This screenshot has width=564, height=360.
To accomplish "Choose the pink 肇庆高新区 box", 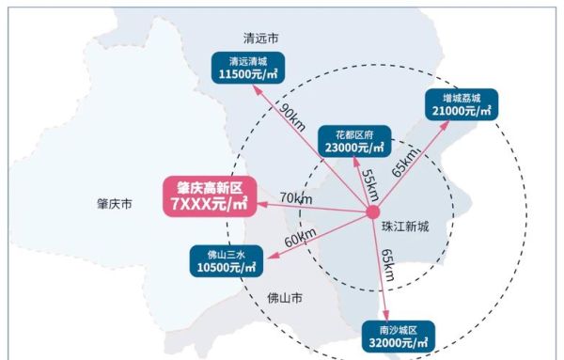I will coord(210,196).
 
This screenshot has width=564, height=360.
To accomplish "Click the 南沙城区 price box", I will coord(400,337).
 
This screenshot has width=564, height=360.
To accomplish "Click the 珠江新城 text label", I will coord(405,227).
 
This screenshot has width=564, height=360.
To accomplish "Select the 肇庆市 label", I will coord(115,203).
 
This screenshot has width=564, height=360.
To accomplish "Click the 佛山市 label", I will coord(284,299).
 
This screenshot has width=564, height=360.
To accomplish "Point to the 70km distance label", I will coord(296,198).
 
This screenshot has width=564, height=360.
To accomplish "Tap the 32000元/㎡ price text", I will coord(400,344).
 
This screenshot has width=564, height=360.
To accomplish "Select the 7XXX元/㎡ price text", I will coord(210,204).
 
